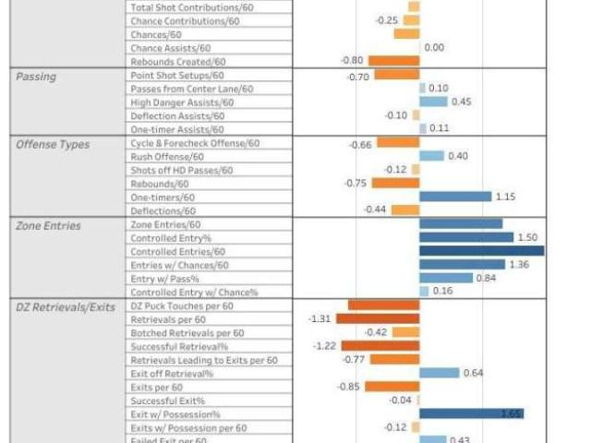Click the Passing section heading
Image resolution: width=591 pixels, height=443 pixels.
tap(36, 77)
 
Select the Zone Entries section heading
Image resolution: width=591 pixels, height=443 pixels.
tap(48, 224)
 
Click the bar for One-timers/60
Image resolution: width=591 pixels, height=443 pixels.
tap(455, 197)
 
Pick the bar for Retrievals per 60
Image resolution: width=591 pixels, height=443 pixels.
tap(378, 319)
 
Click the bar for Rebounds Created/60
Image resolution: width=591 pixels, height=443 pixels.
tap(392, 62)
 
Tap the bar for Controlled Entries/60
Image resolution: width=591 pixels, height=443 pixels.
tap(481, 251)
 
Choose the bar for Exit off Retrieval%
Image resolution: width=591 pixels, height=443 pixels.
tap(439, 374)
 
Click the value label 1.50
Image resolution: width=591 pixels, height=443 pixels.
tap(527, 237)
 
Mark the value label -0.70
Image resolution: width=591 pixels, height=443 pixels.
tap(358, 77)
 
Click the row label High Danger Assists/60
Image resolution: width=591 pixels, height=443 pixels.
tap(182, 102)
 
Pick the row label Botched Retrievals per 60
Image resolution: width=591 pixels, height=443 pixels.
tap(187, 332)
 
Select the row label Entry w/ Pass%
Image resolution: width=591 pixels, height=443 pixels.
tap(164, 278)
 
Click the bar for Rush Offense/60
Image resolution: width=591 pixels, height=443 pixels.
tap(431, 157)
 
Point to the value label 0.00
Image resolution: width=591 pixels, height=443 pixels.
tap(434, 48)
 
